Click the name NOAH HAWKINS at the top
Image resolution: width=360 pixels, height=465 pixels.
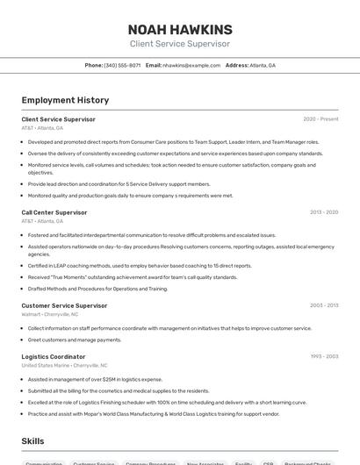[180, 29]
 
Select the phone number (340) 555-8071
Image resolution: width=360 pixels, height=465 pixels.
[122, 65]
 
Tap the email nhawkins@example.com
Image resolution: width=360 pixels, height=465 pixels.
[191, 65]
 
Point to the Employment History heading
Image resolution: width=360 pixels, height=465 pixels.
[65, 100]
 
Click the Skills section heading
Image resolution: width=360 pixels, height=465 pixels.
[33, 441]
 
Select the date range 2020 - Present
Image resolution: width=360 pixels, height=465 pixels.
[320, 119]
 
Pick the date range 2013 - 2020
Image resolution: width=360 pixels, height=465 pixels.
[323, 212]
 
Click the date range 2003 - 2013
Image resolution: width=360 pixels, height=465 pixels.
[323, 305]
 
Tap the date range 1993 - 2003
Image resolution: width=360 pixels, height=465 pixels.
[323, 357]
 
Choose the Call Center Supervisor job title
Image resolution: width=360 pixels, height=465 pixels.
[54, 212]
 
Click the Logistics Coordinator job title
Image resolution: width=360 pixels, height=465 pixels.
[54, 357]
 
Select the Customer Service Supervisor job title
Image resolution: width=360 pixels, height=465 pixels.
[60, 305]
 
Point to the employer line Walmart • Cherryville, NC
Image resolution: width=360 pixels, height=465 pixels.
[50, 313]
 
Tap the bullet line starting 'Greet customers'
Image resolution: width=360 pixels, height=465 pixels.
[75, 340]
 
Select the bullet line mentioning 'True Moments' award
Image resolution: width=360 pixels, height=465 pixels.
[132, 276]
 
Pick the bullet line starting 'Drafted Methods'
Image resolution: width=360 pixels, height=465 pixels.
[97, 288]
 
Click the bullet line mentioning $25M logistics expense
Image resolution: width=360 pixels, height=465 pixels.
[95, 379]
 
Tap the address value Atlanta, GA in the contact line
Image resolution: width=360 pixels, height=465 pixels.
[263, 65]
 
